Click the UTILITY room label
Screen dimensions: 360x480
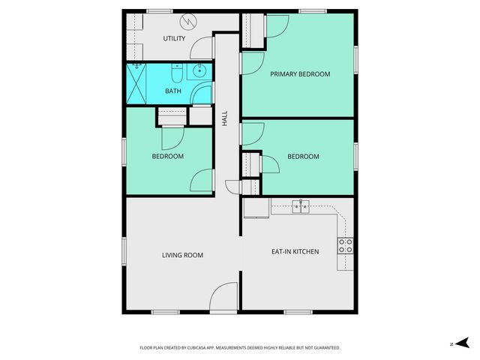click(x=174, y=38)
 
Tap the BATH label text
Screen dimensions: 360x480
click(x=173, y=91)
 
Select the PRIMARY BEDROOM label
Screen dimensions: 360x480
click(x=300, y=74)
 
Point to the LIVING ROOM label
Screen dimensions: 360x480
click(x=182, y=255)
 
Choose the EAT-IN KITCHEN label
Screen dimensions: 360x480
click(x=295, y=251)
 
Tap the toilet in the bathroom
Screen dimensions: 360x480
click(x=175, y=73)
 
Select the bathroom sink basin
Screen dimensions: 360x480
click(x=199, y=72)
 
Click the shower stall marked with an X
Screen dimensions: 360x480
click(x=137, y=82)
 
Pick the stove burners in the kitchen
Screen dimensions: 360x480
click(x=346, y=246)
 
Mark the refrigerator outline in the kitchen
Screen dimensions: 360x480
click(x=255, y=208)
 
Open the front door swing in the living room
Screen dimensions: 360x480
click(x=224, y=296)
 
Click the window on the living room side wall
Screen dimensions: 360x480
click(x=123, y=250)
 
